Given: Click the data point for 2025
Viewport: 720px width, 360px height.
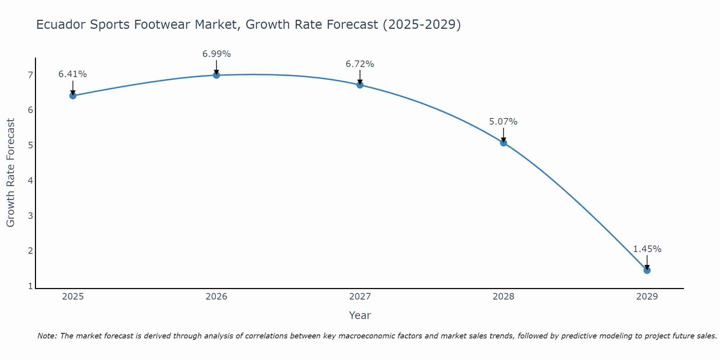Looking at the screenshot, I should [x=73, y=95].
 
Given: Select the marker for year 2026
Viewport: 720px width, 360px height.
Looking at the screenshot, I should [x=216, y=75].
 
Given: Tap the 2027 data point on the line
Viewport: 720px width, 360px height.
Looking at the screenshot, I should [x=360, y=85].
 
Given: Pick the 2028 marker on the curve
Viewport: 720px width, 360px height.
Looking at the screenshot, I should [x=503, y=143].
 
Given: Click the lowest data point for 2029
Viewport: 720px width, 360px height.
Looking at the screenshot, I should [x=647, y=270].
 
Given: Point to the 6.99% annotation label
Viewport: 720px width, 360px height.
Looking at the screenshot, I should [x=216, y=54].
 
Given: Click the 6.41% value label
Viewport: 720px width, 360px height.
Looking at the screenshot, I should [x=73, y=74].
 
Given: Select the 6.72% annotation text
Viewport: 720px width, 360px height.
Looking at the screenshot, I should [x=360, y=64].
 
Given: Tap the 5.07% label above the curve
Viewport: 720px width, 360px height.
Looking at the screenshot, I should [x=503, y=122].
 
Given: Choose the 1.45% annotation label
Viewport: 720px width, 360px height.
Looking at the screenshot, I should [x=647, y=249].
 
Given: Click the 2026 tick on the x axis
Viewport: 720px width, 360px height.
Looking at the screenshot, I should [x=216, y=297].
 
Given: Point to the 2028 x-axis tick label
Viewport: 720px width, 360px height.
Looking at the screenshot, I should [x=503, y=297].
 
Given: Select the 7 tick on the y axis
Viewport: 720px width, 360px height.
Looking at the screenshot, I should [x=30, y=75].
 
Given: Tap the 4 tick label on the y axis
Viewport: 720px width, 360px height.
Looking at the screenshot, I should [x=30, y=180].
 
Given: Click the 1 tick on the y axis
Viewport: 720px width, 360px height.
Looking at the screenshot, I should [x=30, y=286].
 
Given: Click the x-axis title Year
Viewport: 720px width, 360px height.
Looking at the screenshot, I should [x=360, y=315].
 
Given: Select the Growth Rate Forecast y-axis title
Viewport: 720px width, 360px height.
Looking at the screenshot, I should [x=11, y=173].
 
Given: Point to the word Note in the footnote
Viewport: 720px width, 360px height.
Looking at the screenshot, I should [x=47, y=336].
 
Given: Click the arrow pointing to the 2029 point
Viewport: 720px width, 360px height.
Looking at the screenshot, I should [x=647, y=262].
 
